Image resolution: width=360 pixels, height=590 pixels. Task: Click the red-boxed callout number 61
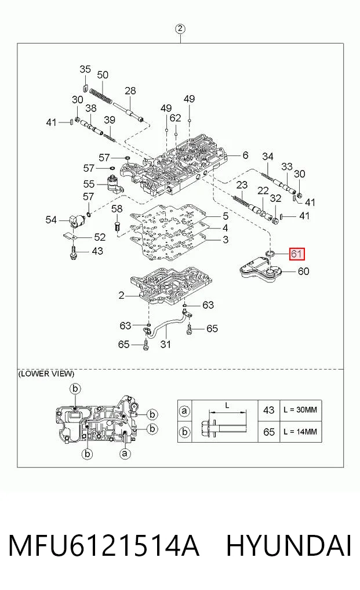296,254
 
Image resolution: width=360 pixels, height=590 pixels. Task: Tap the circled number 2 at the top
180,28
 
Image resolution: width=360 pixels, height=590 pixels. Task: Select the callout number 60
303,271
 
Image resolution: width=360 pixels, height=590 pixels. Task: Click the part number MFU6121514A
103,545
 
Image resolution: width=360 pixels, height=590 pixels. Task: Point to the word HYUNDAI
289,545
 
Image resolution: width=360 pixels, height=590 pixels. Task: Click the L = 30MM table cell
300,410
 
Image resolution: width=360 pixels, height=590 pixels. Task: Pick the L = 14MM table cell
300,432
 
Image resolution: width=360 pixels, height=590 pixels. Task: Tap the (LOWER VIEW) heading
46,374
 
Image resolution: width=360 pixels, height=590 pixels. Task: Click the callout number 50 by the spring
103,75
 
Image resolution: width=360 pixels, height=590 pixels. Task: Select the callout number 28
130,91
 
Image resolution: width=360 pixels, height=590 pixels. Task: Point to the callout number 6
245,155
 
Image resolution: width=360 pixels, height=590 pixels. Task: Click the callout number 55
89,184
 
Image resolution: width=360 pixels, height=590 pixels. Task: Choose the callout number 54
51,219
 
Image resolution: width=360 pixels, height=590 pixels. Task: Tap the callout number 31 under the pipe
166,344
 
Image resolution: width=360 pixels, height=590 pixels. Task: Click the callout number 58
117,208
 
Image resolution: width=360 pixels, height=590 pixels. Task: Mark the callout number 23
242,184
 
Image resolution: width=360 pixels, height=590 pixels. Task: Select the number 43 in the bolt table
268,410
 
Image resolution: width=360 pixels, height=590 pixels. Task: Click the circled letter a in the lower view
125,454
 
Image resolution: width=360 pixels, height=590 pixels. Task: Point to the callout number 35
85,69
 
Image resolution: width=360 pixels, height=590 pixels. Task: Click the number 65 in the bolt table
268,432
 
